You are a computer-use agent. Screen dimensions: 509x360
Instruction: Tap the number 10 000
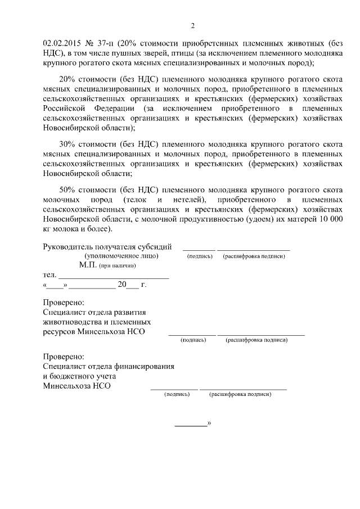coord(328,218)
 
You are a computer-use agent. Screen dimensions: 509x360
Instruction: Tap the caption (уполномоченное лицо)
coord(121,256)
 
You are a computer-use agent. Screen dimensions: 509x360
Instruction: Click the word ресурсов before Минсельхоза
coord(60,332)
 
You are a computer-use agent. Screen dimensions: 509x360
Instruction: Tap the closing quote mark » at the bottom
coord(209,422)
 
